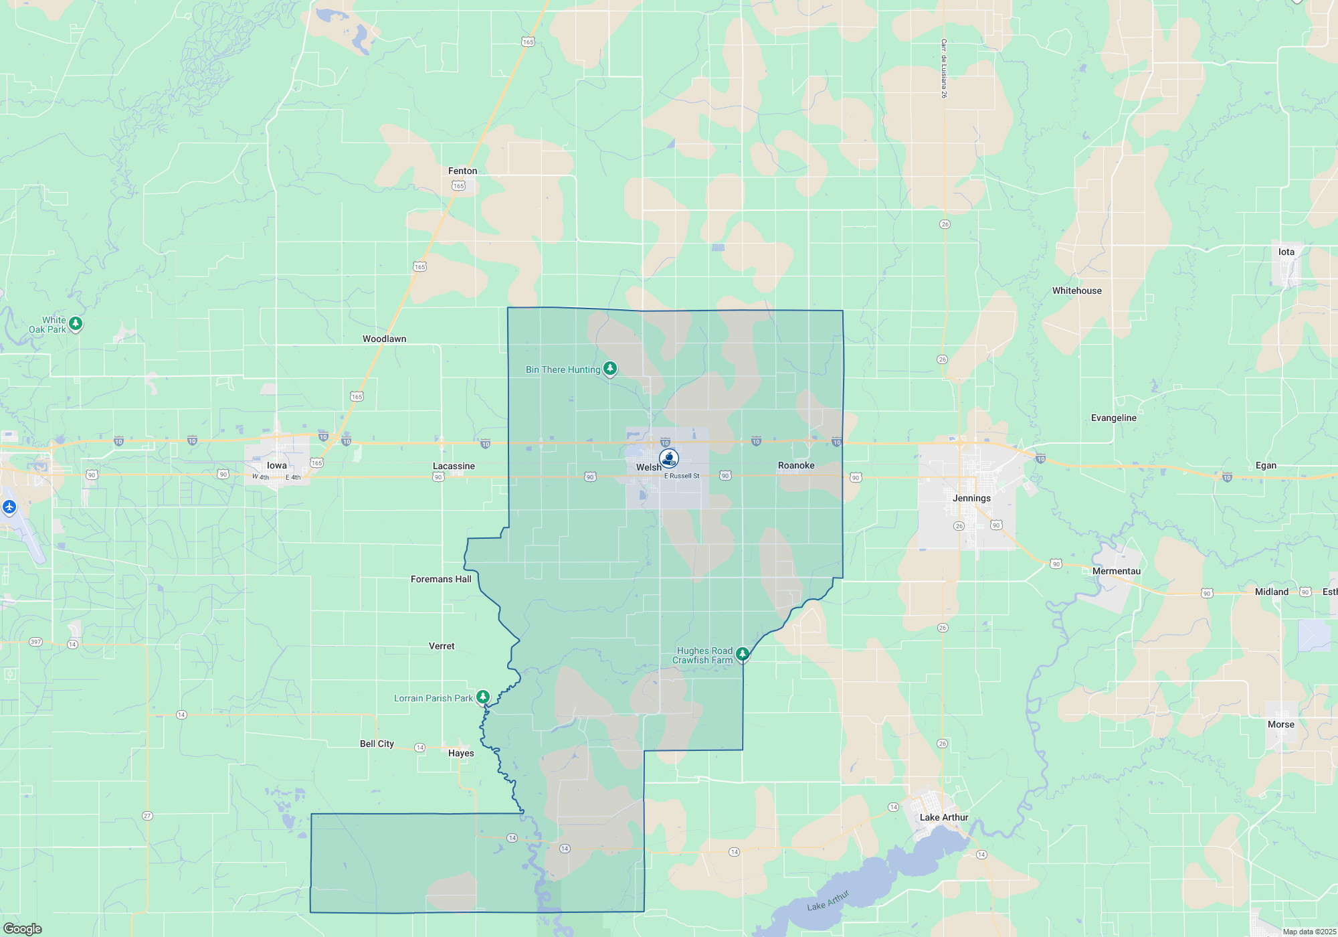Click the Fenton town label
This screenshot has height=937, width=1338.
(462, 171)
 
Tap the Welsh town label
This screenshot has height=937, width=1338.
(648, 467)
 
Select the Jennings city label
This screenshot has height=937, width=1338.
(971, 498)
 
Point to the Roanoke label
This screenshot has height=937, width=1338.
(796, 465)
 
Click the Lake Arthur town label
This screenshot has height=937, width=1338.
(943, 817)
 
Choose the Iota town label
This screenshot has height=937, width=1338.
(1286, 252)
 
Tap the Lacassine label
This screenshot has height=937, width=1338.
(454, 466)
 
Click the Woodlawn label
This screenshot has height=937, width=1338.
(384, 339)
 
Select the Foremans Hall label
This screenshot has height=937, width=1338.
(441, 579)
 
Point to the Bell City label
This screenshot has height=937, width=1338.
(377, 744)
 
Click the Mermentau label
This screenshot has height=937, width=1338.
(1116, 571)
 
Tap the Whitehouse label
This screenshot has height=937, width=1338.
(1076, 290)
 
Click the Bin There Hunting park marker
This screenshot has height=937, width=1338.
(609, 368)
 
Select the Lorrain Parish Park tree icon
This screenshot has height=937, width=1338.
(482, 697)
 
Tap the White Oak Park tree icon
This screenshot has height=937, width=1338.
(76, 324)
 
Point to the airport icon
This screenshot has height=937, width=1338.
(9, 507)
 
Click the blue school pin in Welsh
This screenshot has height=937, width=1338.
(668, 458)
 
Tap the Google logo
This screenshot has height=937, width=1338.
(23, 928)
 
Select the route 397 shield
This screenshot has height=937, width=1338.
(35, 642)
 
